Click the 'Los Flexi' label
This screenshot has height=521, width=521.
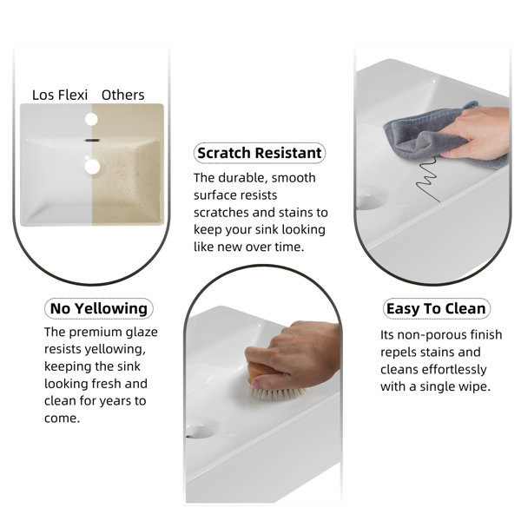click(x=60, y=95)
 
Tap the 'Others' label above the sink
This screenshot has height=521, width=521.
click(x=123, y=95)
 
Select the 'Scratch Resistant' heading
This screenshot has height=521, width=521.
click(x=260, y=153)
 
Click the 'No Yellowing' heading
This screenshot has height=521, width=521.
click(x=99, y=308)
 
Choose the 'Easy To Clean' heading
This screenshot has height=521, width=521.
click(x=436, y=309)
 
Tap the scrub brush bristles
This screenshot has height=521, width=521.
click(x=276, y=392)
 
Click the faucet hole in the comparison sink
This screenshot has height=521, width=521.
click(x=91, y=119)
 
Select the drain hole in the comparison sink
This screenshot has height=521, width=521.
click(x=92, y=167)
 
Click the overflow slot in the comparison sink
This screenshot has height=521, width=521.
click(x=92, y=141)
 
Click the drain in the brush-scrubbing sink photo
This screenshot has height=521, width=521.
click(x=201, y=431)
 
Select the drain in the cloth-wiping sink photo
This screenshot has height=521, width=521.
click(x=369, y=198)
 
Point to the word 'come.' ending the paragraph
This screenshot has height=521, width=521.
click(x=63, y=419)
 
